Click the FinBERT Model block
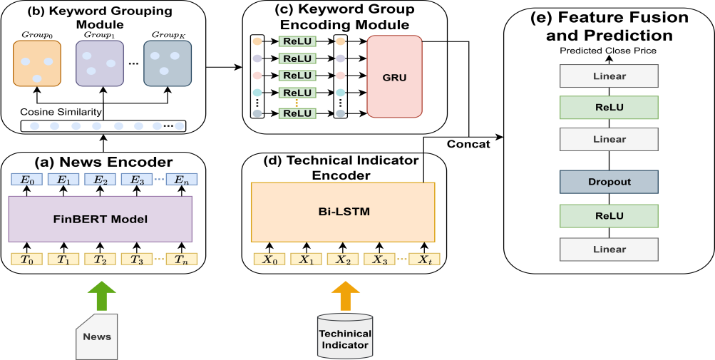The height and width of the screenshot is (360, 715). (x=101, y=219)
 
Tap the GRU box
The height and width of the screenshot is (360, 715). (x=393, y=77)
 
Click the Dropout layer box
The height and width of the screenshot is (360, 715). (x=608, y=182)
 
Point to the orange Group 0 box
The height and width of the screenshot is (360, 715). (x=37, y=63)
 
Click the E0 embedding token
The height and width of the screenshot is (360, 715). (x=26, y=180)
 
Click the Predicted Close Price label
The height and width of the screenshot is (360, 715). (x=608, y=51)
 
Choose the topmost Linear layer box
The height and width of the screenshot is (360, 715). (x=608, y=76)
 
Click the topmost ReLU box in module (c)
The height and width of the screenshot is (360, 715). (x=297, y=42)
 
